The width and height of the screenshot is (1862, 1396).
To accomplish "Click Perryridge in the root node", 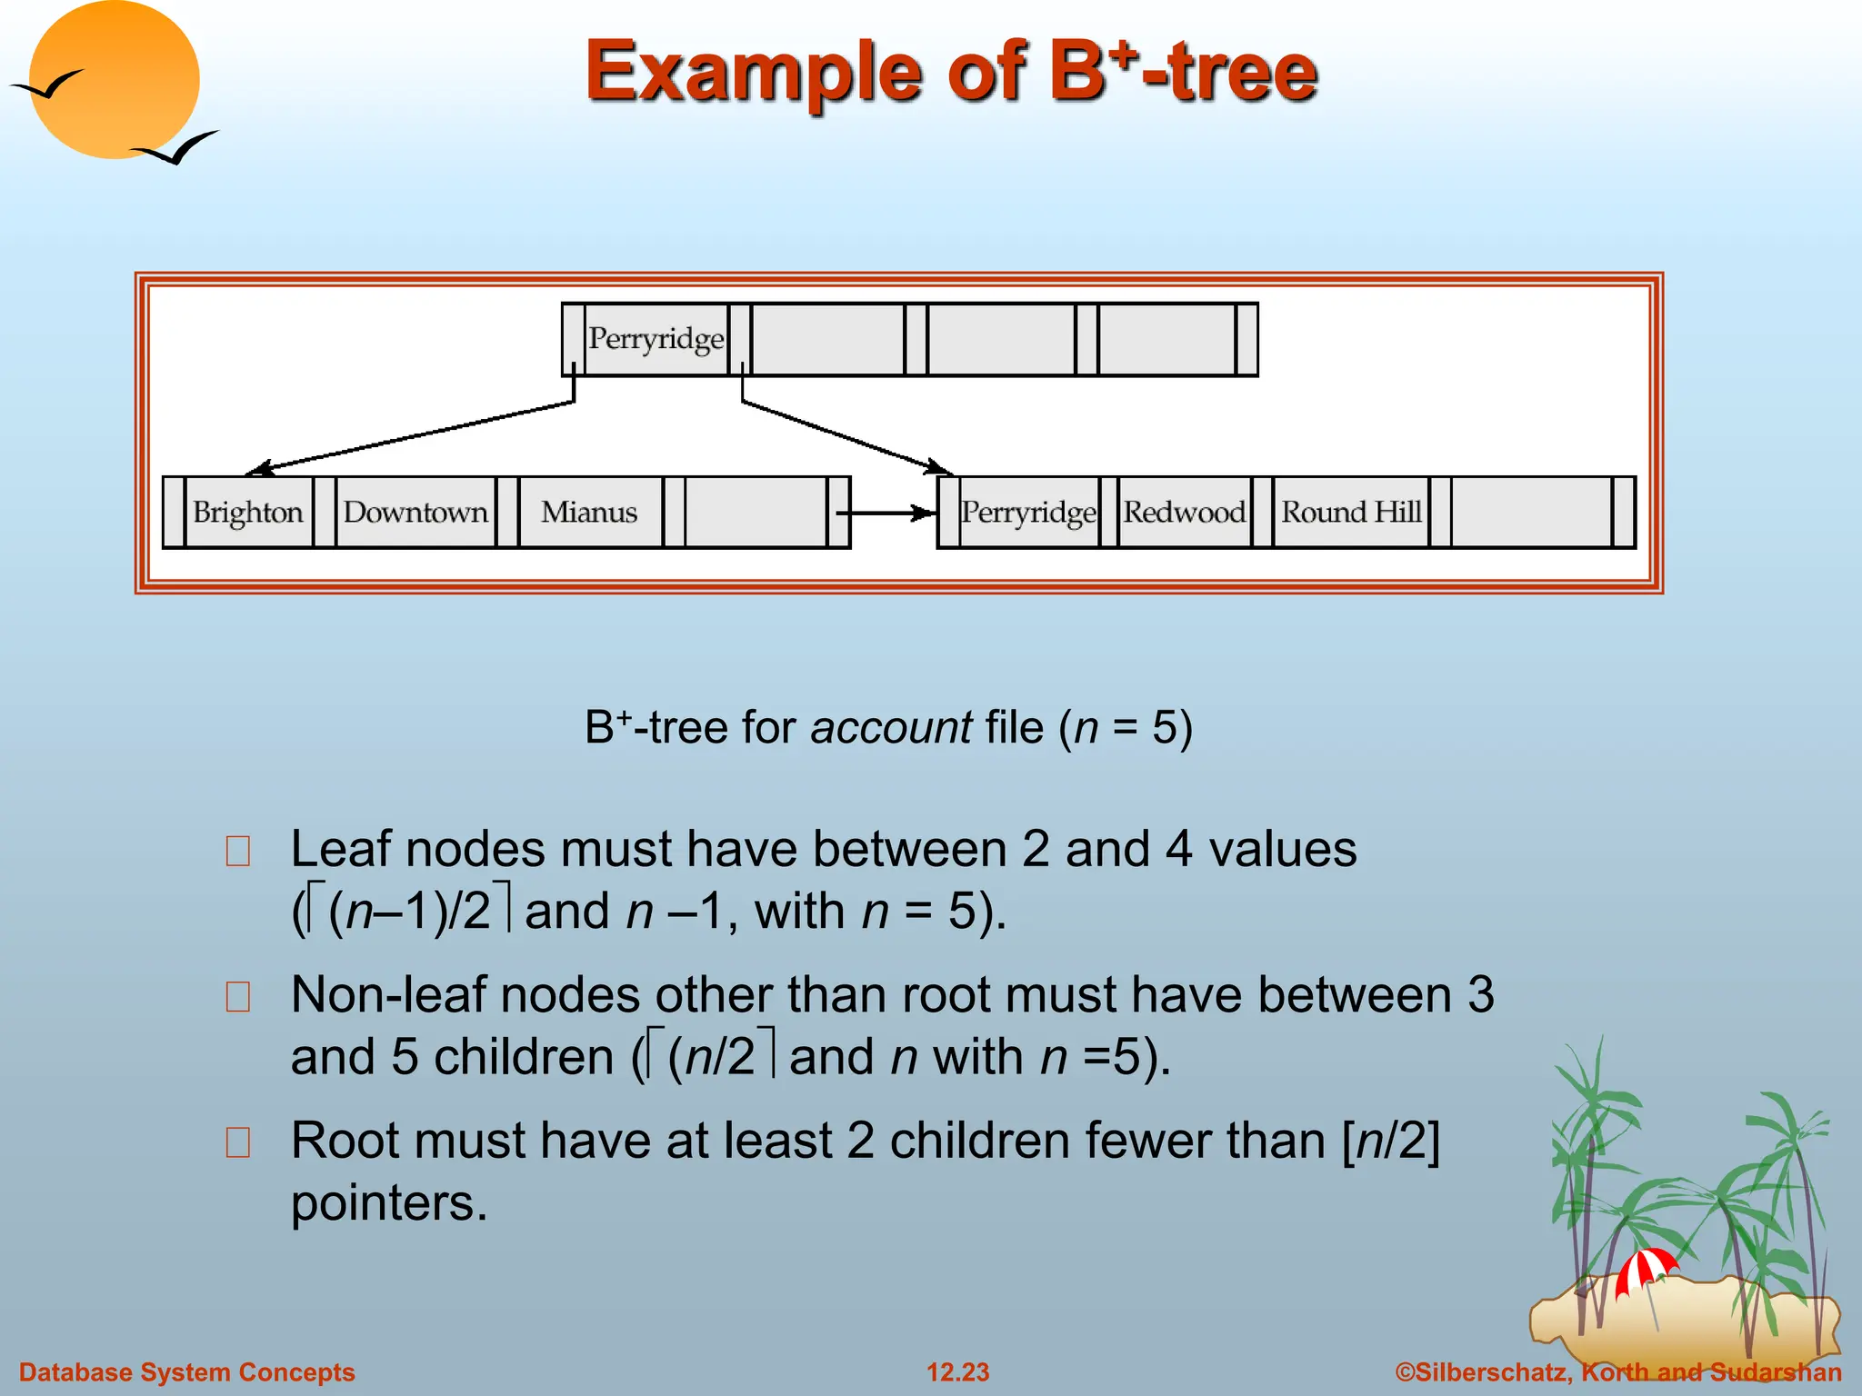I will coord(656,339).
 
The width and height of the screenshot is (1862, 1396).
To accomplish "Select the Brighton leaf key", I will coord(247,513).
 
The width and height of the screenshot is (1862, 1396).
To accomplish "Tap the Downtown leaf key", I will coord(415,513).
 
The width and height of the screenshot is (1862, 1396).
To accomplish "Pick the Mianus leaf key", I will coord(589,513).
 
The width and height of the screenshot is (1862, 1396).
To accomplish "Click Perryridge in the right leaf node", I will coord(1028,513).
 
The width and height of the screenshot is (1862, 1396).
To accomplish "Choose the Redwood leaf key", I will coord(1184,513).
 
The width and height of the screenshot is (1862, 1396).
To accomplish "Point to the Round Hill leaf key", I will coord(1351,513).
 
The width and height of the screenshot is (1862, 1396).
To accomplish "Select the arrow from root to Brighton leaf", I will coord(409,437).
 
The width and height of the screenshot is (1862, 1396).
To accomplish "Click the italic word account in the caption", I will coord(891,728).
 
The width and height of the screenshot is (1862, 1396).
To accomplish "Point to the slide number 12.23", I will coord(957,1372).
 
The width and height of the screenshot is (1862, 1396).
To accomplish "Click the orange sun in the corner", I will coord(114,80).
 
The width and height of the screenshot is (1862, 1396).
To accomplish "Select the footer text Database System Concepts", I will coord(187,1372).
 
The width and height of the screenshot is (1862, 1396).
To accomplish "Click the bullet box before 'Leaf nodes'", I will coord(238,852).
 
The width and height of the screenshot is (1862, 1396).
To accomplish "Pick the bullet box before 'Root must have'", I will coord(238,1142).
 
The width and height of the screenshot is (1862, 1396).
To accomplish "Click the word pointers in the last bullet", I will coord(389,1203).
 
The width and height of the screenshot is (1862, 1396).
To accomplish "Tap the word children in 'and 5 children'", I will coord(524,1057).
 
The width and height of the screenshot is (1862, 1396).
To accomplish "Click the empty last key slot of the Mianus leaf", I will coord(756,513).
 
